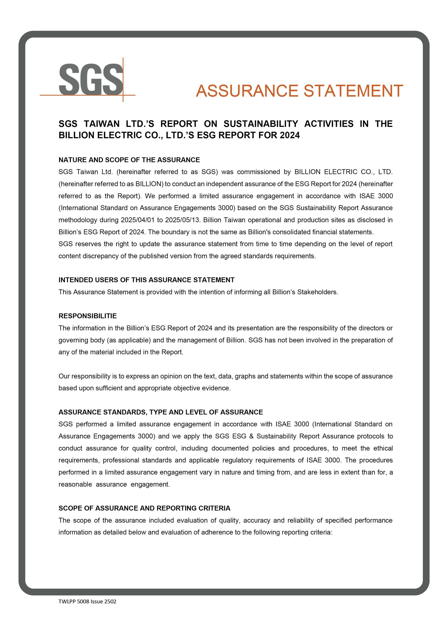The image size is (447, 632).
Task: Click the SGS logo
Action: tap(91, 79)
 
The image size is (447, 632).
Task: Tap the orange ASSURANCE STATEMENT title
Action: tap(299, 91)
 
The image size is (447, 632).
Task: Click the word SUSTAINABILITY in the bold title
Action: tap(261, 124)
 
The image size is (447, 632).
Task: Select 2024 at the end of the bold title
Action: tap(290, 136)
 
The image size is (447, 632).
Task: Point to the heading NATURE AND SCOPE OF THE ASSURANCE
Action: tap(129, 160)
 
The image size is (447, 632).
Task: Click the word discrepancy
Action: tap(102, 256)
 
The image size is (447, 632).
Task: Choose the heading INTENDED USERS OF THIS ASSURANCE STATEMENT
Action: tap(146, 280)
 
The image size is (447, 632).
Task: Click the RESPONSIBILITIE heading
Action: tap(88, 316)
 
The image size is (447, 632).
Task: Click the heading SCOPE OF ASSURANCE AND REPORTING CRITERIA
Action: tap(145, 508)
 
